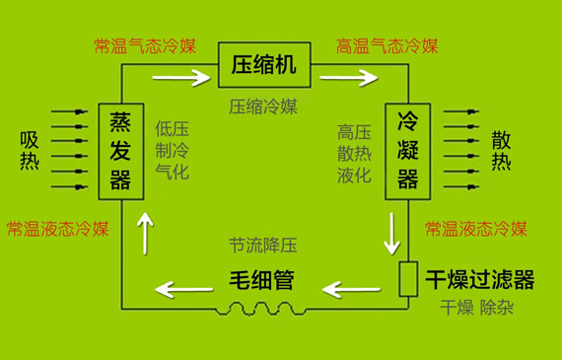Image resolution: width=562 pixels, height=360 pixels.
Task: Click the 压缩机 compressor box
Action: (264, 66)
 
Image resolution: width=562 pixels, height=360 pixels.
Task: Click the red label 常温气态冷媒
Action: (145, 45)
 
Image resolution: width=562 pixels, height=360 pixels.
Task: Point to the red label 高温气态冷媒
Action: (386, 45)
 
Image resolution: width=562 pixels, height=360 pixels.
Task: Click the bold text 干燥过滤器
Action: (480, 281)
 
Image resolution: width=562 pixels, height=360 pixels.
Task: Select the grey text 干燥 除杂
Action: (478, 308)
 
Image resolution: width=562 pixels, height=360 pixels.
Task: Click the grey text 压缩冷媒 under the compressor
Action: (262, 106)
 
